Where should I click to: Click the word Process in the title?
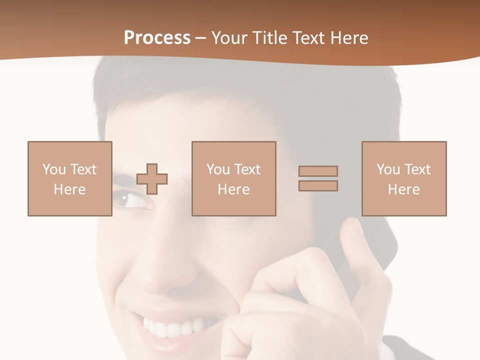157,38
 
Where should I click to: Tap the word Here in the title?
349,38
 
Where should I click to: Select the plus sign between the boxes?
152,179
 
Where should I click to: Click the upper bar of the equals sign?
318,171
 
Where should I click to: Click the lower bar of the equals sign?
318,186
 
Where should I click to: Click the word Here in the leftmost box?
69,189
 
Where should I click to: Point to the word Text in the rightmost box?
418,169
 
